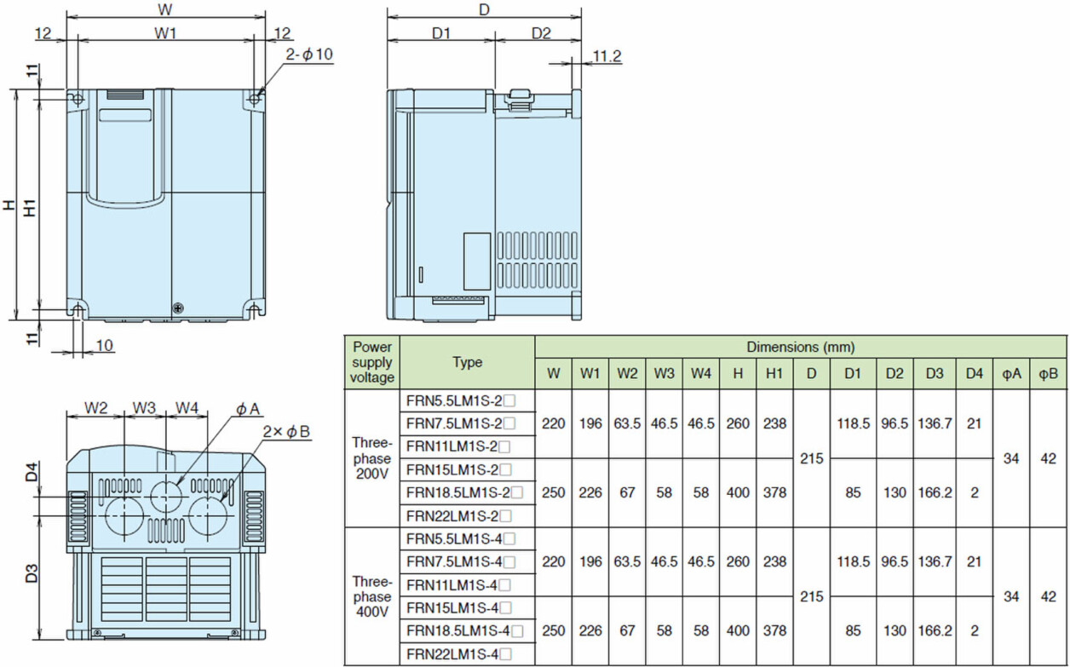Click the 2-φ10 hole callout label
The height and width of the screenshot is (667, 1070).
click(309, 55)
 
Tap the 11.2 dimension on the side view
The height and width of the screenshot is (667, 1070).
click(607, 56)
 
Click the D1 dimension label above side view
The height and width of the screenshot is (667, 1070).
click(441, 33)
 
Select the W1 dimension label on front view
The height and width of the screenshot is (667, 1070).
click(166, 33)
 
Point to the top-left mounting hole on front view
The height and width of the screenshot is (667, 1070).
click(78, 100)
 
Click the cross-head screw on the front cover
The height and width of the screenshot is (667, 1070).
click(179, 308)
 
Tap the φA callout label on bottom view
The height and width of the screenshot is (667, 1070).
click(247, 409)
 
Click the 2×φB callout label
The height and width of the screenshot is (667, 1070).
click(286, 432)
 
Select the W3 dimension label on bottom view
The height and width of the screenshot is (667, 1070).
click(144, 408)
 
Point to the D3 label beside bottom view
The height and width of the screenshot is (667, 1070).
click(31, 573)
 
